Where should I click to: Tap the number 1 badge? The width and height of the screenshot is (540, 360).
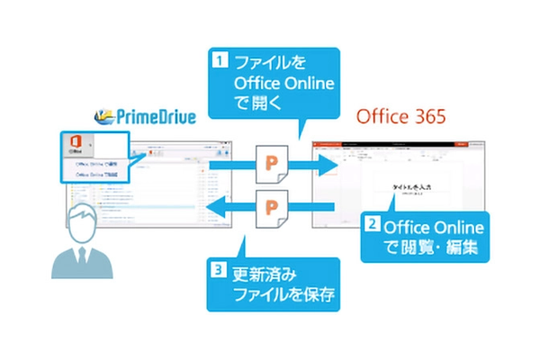pos(219,63)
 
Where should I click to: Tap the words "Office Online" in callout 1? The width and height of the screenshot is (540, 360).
pos(283,84)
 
